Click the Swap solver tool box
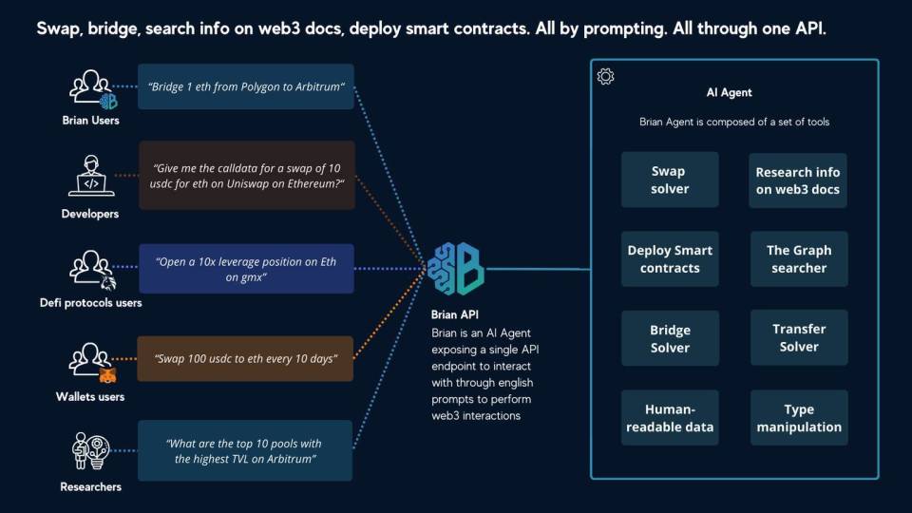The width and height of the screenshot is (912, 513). (x=670, y=180)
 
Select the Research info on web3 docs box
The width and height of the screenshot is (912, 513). (x=797, y=180)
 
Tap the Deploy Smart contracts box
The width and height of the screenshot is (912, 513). (x=670, y=258)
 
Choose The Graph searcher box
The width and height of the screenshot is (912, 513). (x=799, y=258)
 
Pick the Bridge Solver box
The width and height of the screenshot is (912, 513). (x=670, y=338)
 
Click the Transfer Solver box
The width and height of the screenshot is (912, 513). (x=799, y=337)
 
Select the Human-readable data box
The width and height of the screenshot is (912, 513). (x=670, y=418)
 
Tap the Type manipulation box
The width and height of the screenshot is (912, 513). (x=799, y=418)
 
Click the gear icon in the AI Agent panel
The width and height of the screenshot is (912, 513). (x=605, y=76)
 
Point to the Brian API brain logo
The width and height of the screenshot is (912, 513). (x=455, y=269)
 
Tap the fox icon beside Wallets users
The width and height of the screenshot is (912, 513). (x=107, y=375)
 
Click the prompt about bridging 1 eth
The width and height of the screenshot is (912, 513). (x=245, y=86)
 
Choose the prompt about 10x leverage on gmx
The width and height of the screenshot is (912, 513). (x=246, y=269)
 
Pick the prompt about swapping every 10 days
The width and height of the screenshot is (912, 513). (x=245, y=359)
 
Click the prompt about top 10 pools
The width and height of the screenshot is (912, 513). (x=245, y=450)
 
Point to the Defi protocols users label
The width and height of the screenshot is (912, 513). (x=91, y=303)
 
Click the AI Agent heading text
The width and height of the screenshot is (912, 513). (x=729, y=92)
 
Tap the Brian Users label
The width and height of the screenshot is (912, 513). (x=91, y=121)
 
